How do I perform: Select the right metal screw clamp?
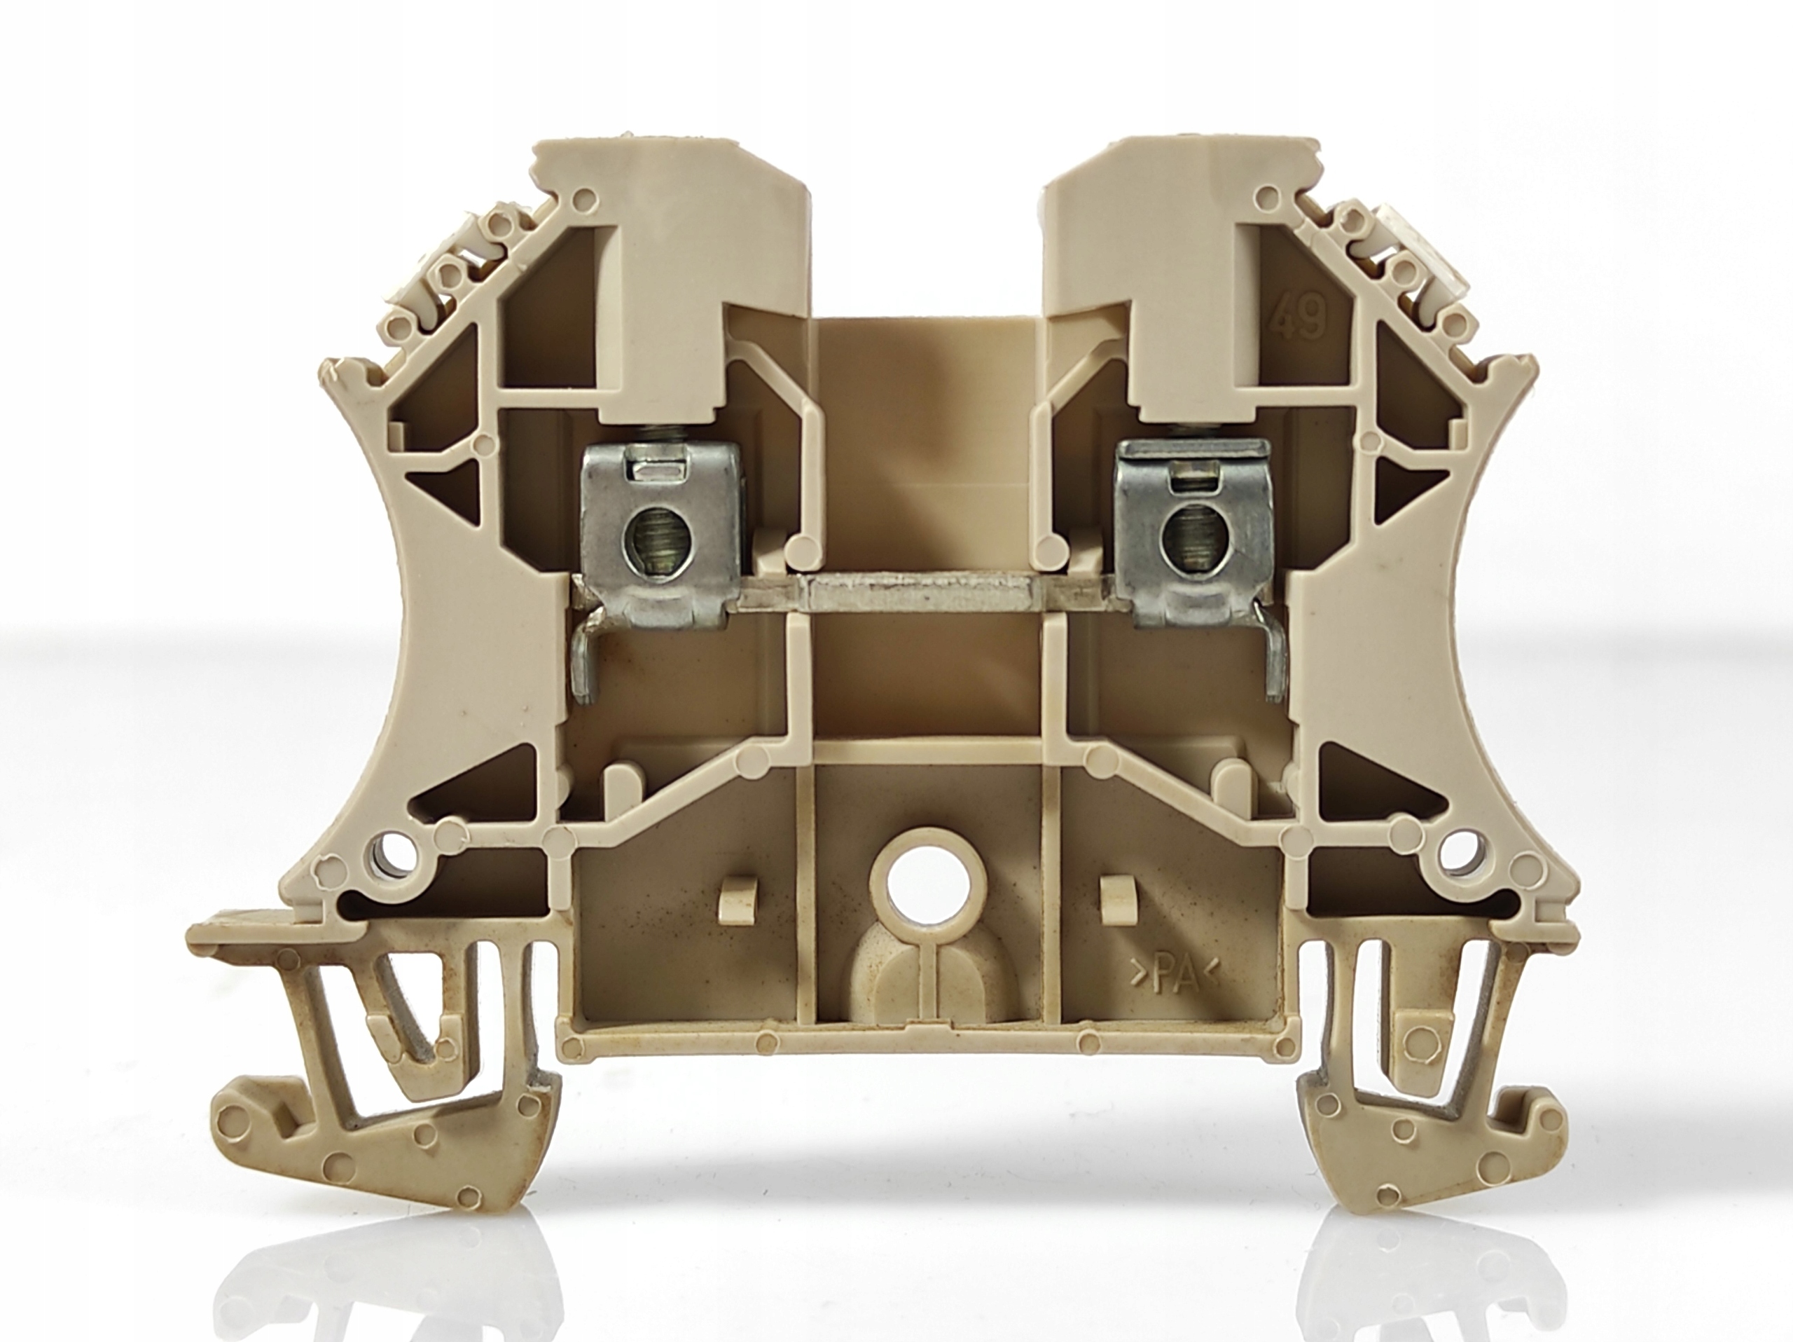pyautogui.click(x=1191, y=538)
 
